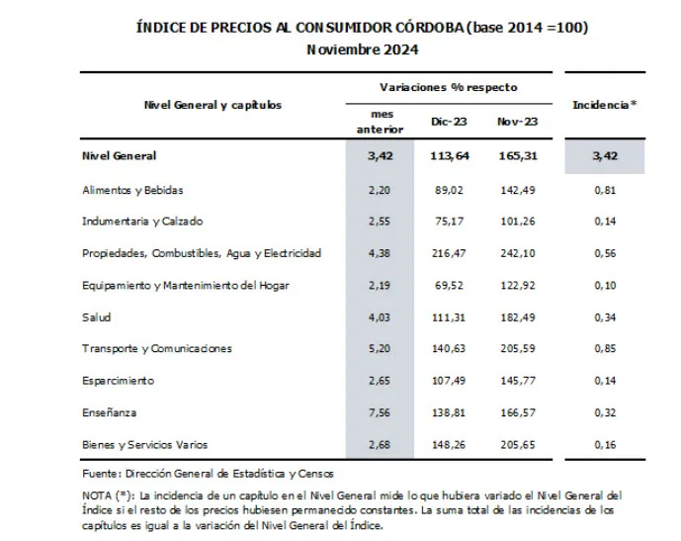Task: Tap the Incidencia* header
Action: pos(604,104)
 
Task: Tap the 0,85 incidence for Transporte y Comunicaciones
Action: pos(604,348)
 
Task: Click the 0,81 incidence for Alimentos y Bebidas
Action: pos(604,190)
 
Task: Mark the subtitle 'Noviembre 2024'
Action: pos(362,48)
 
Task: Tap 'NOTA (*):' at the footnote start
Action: pos(106,495)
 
